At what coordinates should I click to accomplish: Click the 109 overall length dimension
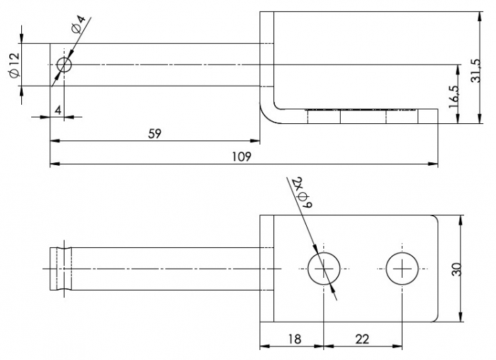243,156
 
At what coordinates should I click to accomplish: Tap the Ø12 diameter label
13,65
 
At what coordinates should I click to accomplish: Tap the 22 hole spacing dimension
362,339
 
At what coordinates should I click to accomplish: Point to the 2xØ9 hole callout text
301,190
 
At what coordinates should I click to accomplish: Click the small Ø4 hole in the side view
64,65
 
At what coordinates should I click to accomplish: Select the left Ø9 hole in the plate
324,269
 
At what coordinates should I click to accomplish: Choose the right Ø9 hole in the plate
402,269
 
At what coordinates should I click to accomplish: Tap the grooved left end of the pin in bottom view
60,269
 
